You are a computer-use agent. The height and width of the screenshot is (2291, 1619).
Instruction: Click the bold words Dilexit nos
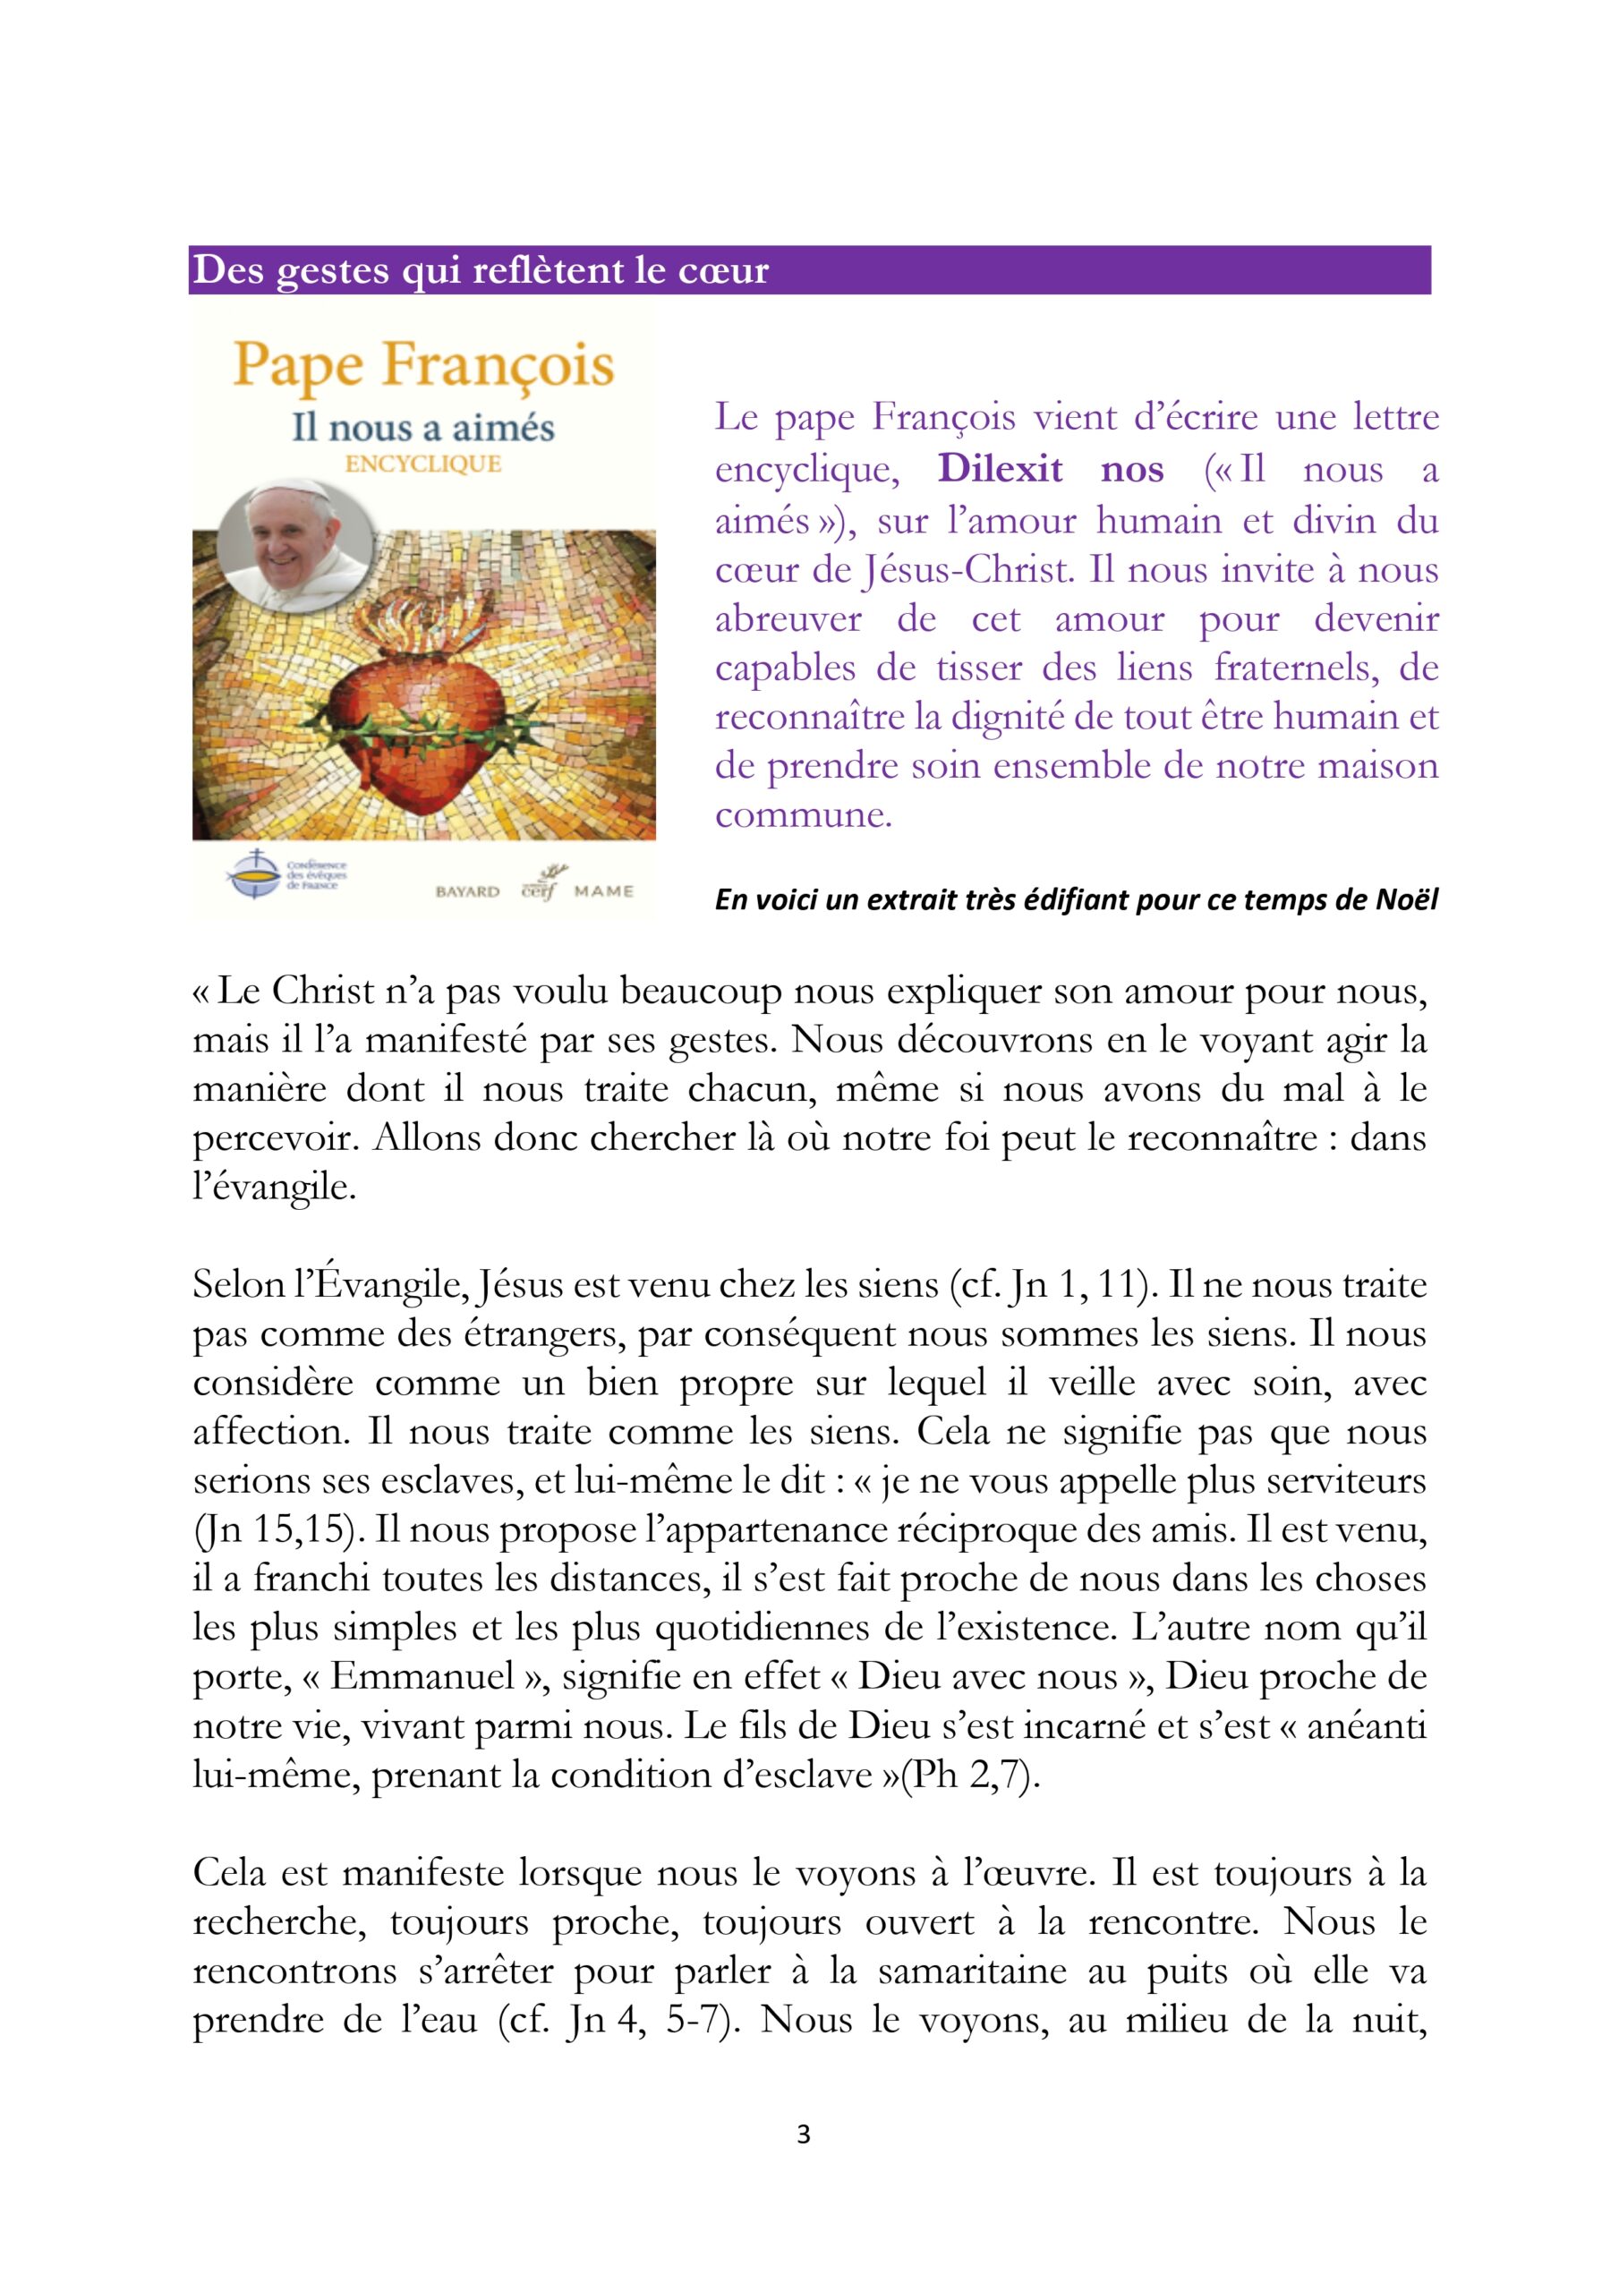[x=1050, y=469]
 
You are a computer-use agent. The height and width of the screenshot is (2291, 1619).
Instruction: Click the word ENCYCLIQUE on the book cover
[x=423, y=464]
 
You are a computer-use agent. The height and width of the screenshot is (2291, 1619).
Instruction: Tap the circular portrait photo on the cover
[x=295, y=546]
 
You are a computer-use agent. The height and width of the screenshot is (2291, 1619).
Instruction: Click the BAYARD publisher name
[x=467, y=891]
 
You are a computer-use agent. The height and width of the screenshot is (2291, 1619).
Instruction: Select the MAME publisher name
[x=604, y=891]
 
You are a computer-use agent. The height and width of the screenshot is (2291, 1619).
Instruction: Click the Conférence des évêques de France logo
[x=285, y=874]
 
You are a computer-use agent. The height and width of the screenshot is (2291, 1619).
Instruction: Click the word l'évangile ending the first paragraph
[x=274, y=1188]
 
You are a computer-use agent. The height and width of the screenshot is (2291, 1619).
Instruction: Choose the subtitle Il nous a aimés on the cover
[x=423, y=428]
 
